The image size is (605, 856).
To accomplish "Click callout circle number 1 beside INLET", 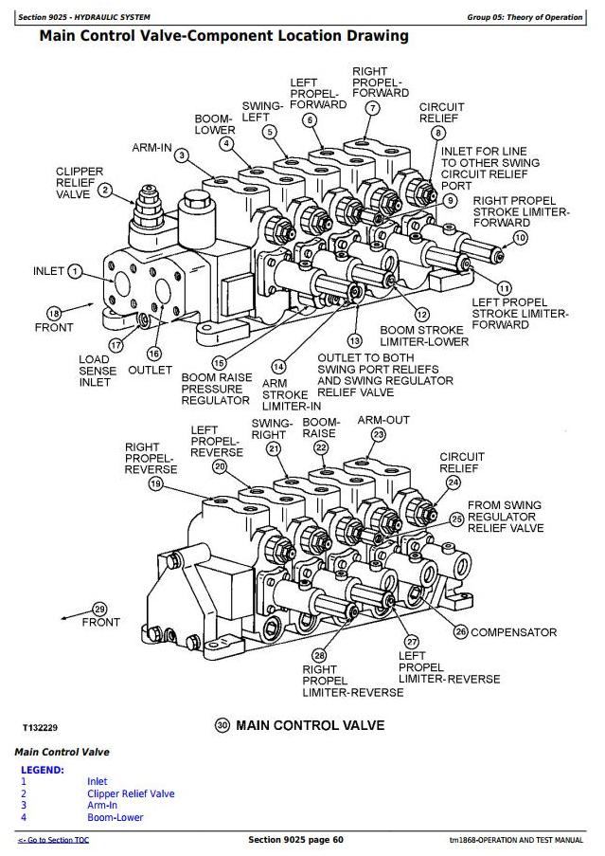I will [x=76, y=271].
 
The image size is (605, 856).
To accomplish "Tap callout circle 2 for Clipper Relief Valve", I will [x=106, y=191].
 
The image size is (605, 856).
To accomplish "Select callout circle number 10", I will [x=520, y=237].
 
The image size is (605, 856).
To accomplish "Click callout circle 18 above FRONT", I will [x=54, y=313].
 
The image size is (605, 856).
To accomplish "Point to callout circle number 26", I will [x=461, y=631].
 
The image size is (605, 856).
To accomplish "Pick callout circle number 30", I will [x=222, y=725].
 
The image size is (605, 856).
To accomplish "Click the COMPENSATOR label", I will [x=513, y=632].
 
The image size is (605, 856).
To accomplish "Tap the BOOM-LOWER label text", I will [x=215, y=124].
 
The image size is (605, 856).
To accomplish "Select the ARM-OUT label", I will [x=383, y=419].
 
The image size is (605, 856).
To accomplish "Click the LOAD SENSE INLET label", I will [x=98, y=372].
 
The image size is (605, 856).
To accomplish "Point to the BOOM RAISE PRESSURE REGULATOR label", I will [x=217, y=389].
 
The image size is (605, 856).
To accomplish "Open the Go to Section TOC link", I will [x=53, y=840].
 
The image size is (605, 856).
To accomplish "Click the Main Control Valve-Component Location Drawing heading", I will [x=224, y=37].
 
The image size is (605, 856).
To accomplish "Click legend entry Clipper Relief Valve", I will [x=131, y=793].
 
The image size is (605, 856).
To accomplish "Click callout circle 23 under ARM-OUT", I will [x=378, y=435].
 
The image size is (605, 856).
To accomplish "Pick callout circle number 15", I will [x=219, y=362].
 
